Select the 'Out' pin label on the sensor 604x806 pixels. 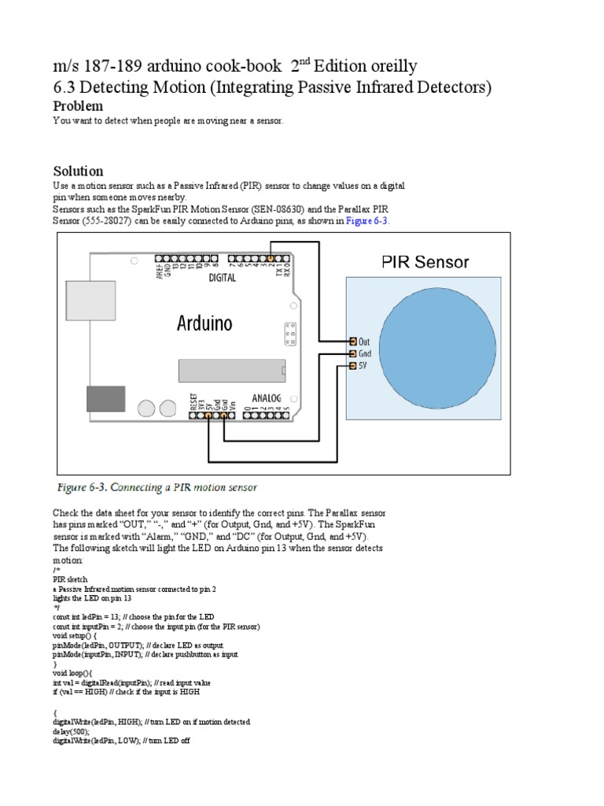click(365, 342)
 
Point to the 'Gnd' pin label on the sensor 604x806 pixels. click(365, 354)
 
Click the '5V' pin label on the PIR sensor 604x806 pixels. click(363, 366)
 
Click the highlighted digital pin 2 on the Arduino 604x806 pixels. click(271, 257)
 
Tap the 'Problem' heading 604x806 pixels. click(78, 105)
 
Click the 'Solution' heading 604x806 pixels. click(78, 171)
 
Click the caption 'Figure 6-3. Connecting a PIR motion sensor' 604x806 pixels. click(157, 488)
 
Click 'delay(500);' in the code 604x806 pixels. click(71, 731)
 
